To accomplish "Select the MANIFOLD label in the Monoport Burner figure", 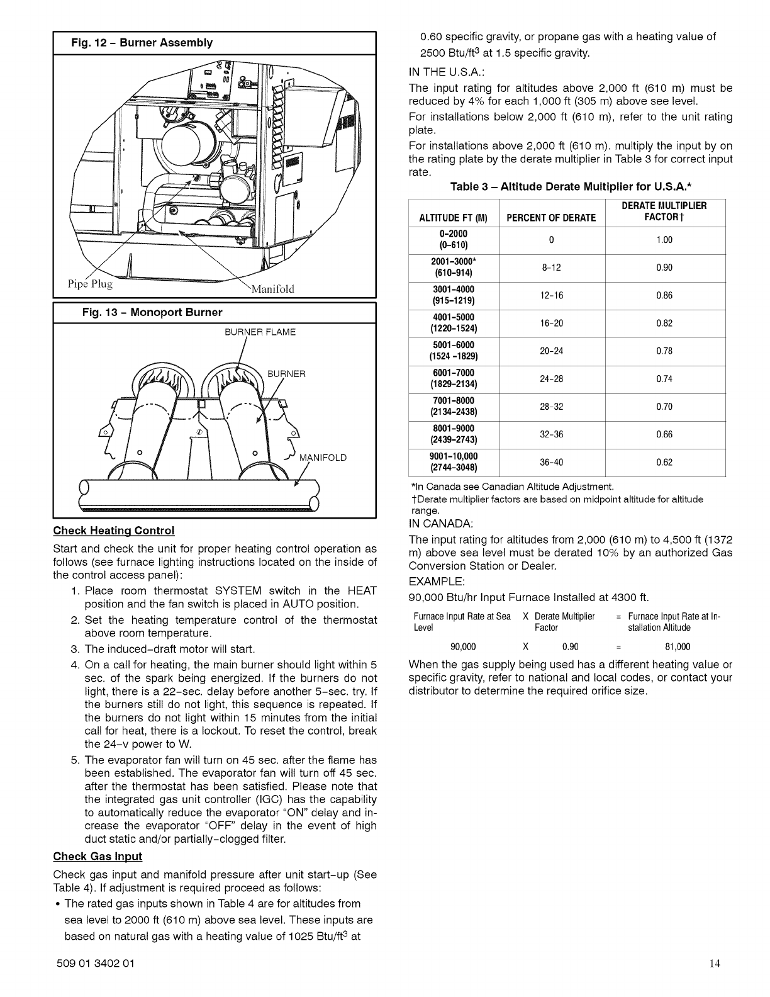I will (323, 457).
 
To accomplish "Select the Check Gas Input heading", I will (98, 856).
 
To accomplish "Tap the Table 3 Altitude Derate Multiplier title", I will (571, 187).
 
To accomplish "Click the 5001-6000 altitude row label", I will (453, 351).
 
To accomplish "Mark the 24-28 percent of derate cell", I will (552, 379).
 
